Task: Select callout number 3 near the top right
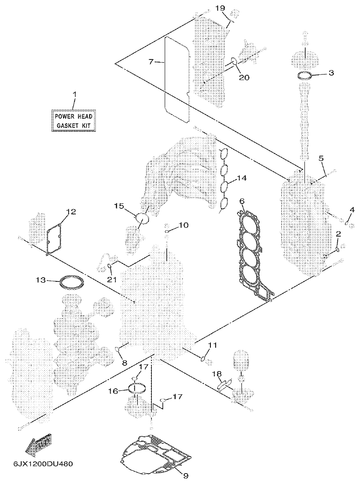tap(331, 73)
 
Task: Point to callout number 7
tap(151, 62)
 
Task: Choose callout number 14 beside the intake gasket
tap(242, 179)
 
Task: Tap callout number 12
tap(71, 212)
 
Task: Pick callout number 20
tap(244, 77)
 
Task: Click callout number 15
tap(119, 205)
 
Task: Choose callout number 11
tap(212, 345)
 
